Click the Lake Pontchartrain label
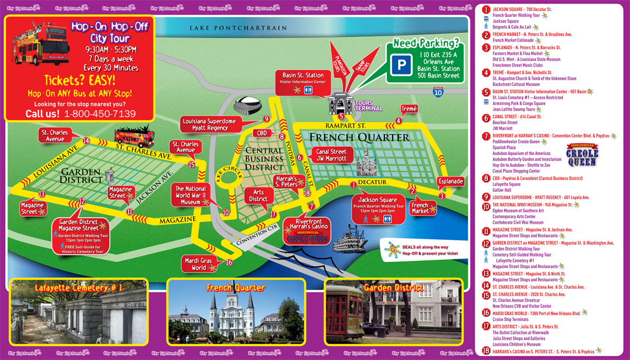pyautogui.click(x=239, y=28)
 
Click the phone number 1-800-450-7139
pyautogui.click(x=99, y=114)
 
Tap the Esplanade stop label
pyautogui.click(x=450, y=182)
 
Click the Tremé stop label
pyautogui.click(x=409, y=109)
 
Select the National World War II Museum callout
pyautogui.click(x=191, y=195)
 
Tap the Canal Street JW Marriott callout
pyautogui.click(x=331, y=155)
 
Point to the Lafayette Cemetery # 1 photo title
pyautogui.click(x=79, y=288)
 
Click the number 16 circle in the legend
pyautogui.click(x=486, y=313)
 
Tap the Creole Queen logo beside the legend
pyautogui.click(x=582, y=155)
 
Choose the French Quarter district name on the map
pyautogui.click(x=359, y=137)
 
